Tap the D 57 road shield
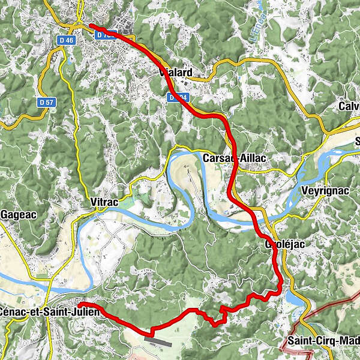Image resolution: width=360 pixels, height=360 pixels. pos(45,102)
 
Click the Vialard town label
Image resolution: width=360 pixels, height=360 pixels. pos(175,73)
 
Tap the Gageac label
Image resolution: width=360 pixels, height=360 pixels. pos(17,214)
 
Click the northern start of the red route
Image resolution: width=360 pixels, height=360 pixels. pos(91,26)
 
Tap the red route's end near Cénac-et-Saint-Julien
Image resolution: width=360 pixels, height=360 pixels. pos(79,305)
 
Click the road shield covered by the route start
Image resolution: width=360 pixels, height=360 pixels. pos(103,35)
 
